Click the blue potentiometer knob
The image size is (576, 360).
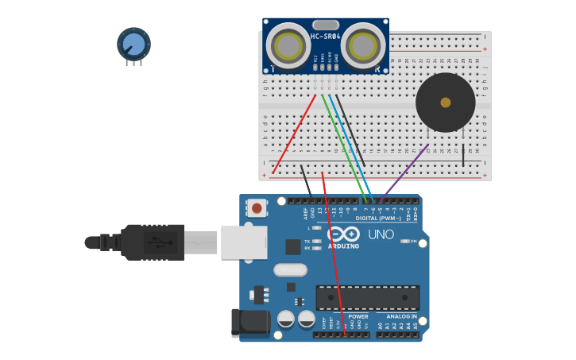click(x=133, y=44)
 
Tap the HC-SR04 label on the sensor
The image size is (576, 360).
click(x=325, y=37)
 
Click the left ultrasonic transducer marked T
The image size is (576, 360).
click(x=288, y=45)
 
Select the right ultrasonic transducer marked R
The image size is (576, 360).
click(x=364, y=45)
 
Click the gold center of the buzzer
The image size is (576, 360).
click(x=446, y=103)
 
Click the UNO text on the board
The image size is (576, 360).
click(x=381, y=235)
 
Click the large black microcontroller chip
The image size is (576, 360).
click(x=367, y=298)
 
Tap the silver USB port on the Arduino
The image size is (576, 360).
click(x=243, y=242)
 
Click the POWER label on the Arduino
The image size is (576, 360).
click(x=358, y=316)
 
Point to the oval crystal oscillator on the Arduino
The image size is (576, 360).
click(x=290, y=269)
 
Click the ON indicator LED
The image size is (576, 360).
click(x=404, y=241)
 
